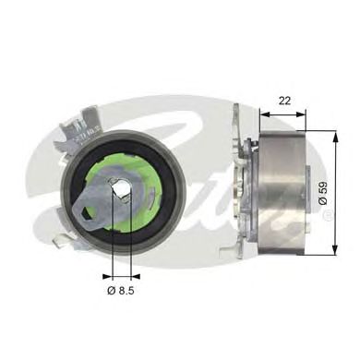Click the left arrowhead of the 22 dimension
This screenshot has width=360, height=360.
click(263, 115)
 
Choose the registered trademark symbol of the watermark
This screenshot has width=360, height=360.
click(328, 217)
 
